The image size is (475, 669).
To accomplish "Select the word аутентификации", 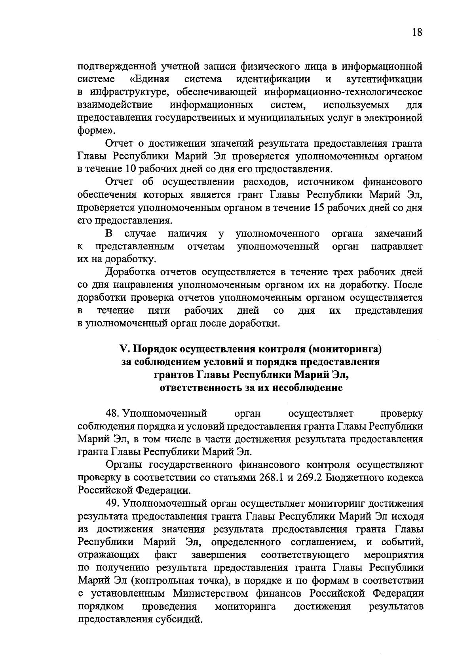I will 384,79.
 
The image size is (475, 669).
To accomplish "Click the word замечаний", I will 398,233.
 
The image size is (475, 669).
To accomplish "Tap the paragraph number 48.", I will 112,413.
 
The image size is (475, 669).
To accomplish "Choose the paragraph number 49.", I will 112,504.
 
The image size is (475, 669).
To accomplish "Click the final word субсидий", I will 178,619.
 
